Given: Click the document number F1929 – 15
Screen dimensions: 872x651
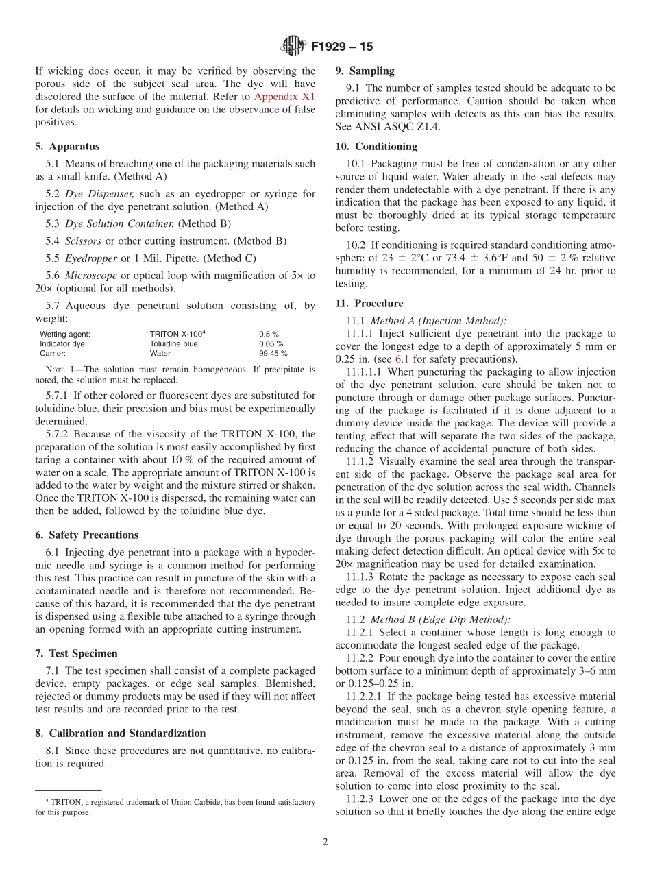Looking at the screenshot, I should (x=342, y=47).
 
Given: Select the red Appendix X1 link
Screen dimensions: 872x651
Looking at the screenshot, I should (x=284, y=96).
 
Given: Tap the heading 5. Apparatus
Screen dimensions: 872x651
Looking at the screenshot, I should (x=67, y=146).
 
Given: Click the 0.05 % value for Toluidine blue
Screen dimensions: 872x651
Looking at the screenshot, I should (x=271, y=344).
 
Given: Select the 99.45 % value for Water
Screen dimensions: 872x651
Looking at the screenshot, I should (x=273, y=354).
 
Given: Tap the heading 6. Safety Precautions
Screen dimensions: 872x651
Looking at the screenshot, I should (x=86, y=535).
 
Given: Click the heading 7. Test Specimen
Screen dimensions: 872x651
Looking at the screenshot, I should (x=76, y=653).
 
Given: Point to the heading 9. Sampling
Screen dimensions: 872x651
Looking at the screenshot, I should (x=365, y=71).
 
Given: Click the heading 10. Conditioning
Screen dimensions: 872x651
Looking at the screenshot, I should (x=376, y=146).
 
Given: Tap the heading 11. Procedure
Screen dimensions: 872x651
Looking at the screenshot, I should (x=369, y=303).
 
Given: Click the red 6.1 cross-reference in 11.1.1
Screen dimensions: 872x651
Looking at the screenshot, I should (x=402, y=359).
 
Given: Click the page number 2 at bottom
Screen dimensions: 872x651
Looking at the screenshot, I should (x=325, y=842).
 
